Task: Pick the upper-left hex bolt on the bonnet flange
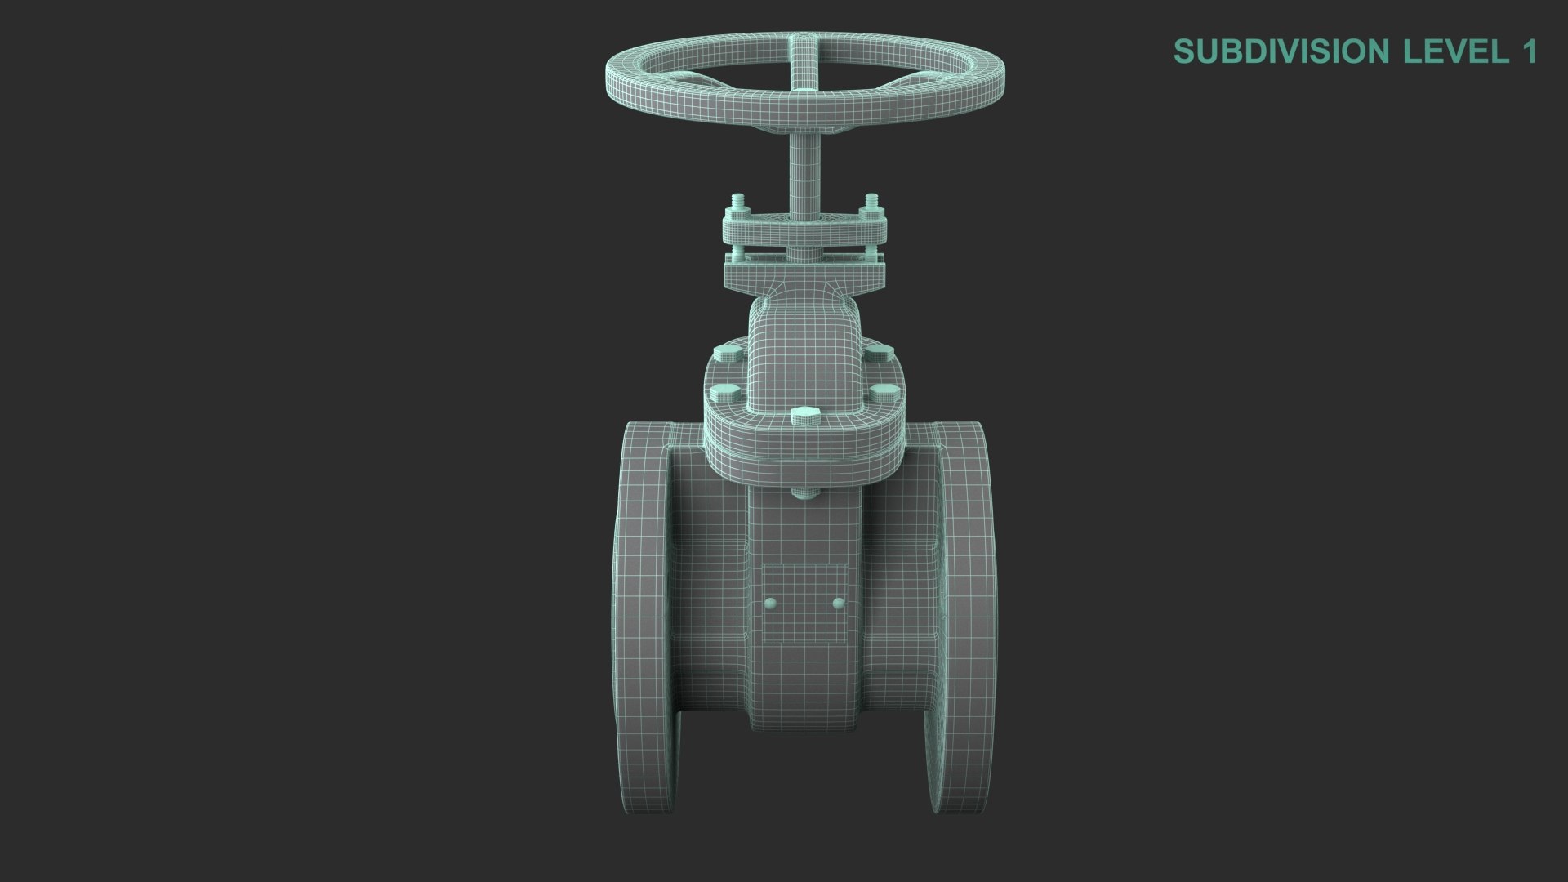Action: tap(726, 354)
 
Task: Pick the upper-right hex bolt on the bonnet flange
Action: tap(879, 354)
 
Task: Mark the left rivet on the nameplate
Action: tap(770, 604)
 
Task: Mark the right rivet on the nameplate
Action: tap(838, 604)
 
